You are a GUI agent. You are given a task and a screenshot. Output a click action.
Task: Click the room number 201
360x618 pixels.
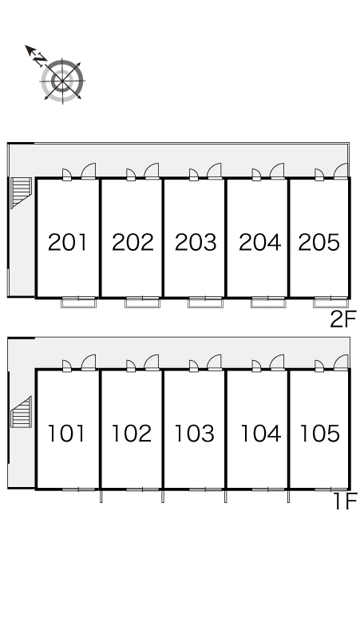(x=67, y=242)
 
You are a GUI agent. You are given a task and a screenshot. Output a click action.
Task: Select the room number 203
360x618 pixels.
(x=196, y=242)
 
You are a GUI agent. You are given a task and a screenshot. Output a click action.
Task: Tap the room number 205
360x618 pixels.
(x=319, y=242)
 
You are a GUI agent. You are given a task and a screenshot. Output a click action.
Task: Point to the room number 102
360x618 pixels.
(x=132, y=433)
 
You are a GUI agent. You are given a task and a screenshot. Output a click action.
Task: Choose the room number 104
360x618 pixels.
(x=260, y=433)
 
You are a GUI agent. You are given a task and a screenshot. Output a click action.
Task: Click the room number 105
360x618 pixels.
(x=320, y=433)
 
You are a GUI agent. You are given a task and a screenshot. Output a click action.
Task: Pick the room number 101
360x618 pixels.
(x=66, y=433)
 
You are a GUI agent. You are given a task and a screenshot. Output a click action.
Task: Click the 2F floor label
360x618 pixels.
(x=342, y=319)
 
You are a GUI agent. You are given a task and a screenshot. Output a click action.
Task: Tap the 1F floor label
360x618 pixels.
(x=345, y=501)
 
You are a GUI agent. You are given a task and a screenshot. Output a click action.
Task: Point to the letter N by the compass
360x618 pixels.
(x=39, y=61)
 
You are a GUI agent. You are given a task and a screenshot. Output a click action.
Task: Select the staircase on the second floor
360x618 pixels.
(x=21, y=192)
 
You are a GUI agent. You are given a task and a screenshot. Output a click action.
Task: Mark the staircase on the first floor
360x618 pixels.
(x=21, y=412)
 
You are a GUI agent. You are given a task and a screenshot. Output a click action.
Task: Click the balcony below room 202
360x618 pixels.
(x=143, y=303)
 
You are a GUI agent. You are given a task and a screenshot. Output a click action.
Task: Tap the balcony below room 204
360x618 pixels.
(x=269, y=303)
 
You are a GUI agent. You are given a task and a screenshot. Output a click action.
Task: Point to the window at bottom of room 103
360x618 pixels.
(x=206, y=489)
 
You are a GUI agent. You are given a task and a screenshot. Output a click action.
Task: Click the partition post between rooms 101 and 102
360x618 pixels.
(x=101, y=496)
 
